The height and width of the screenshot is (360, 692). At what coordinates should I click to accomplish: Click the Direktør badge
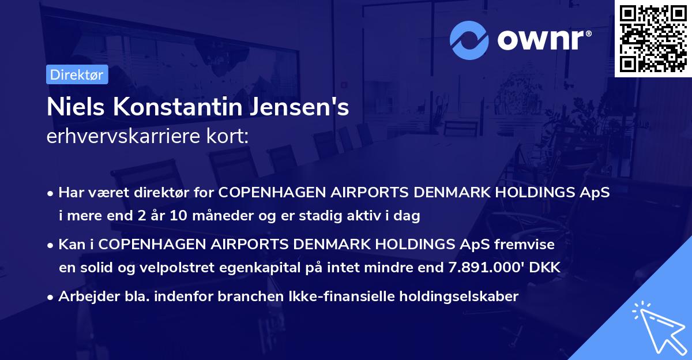(77, 75)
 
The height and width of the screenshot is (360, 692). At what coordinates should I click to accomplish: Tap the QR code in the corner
(653, 38)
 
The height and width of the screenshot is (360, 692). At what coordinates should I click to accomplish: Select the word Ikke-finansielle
(339, 297)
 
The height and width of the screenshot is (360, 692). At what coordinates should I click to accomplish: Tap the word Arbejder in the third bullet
(84, 297)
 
